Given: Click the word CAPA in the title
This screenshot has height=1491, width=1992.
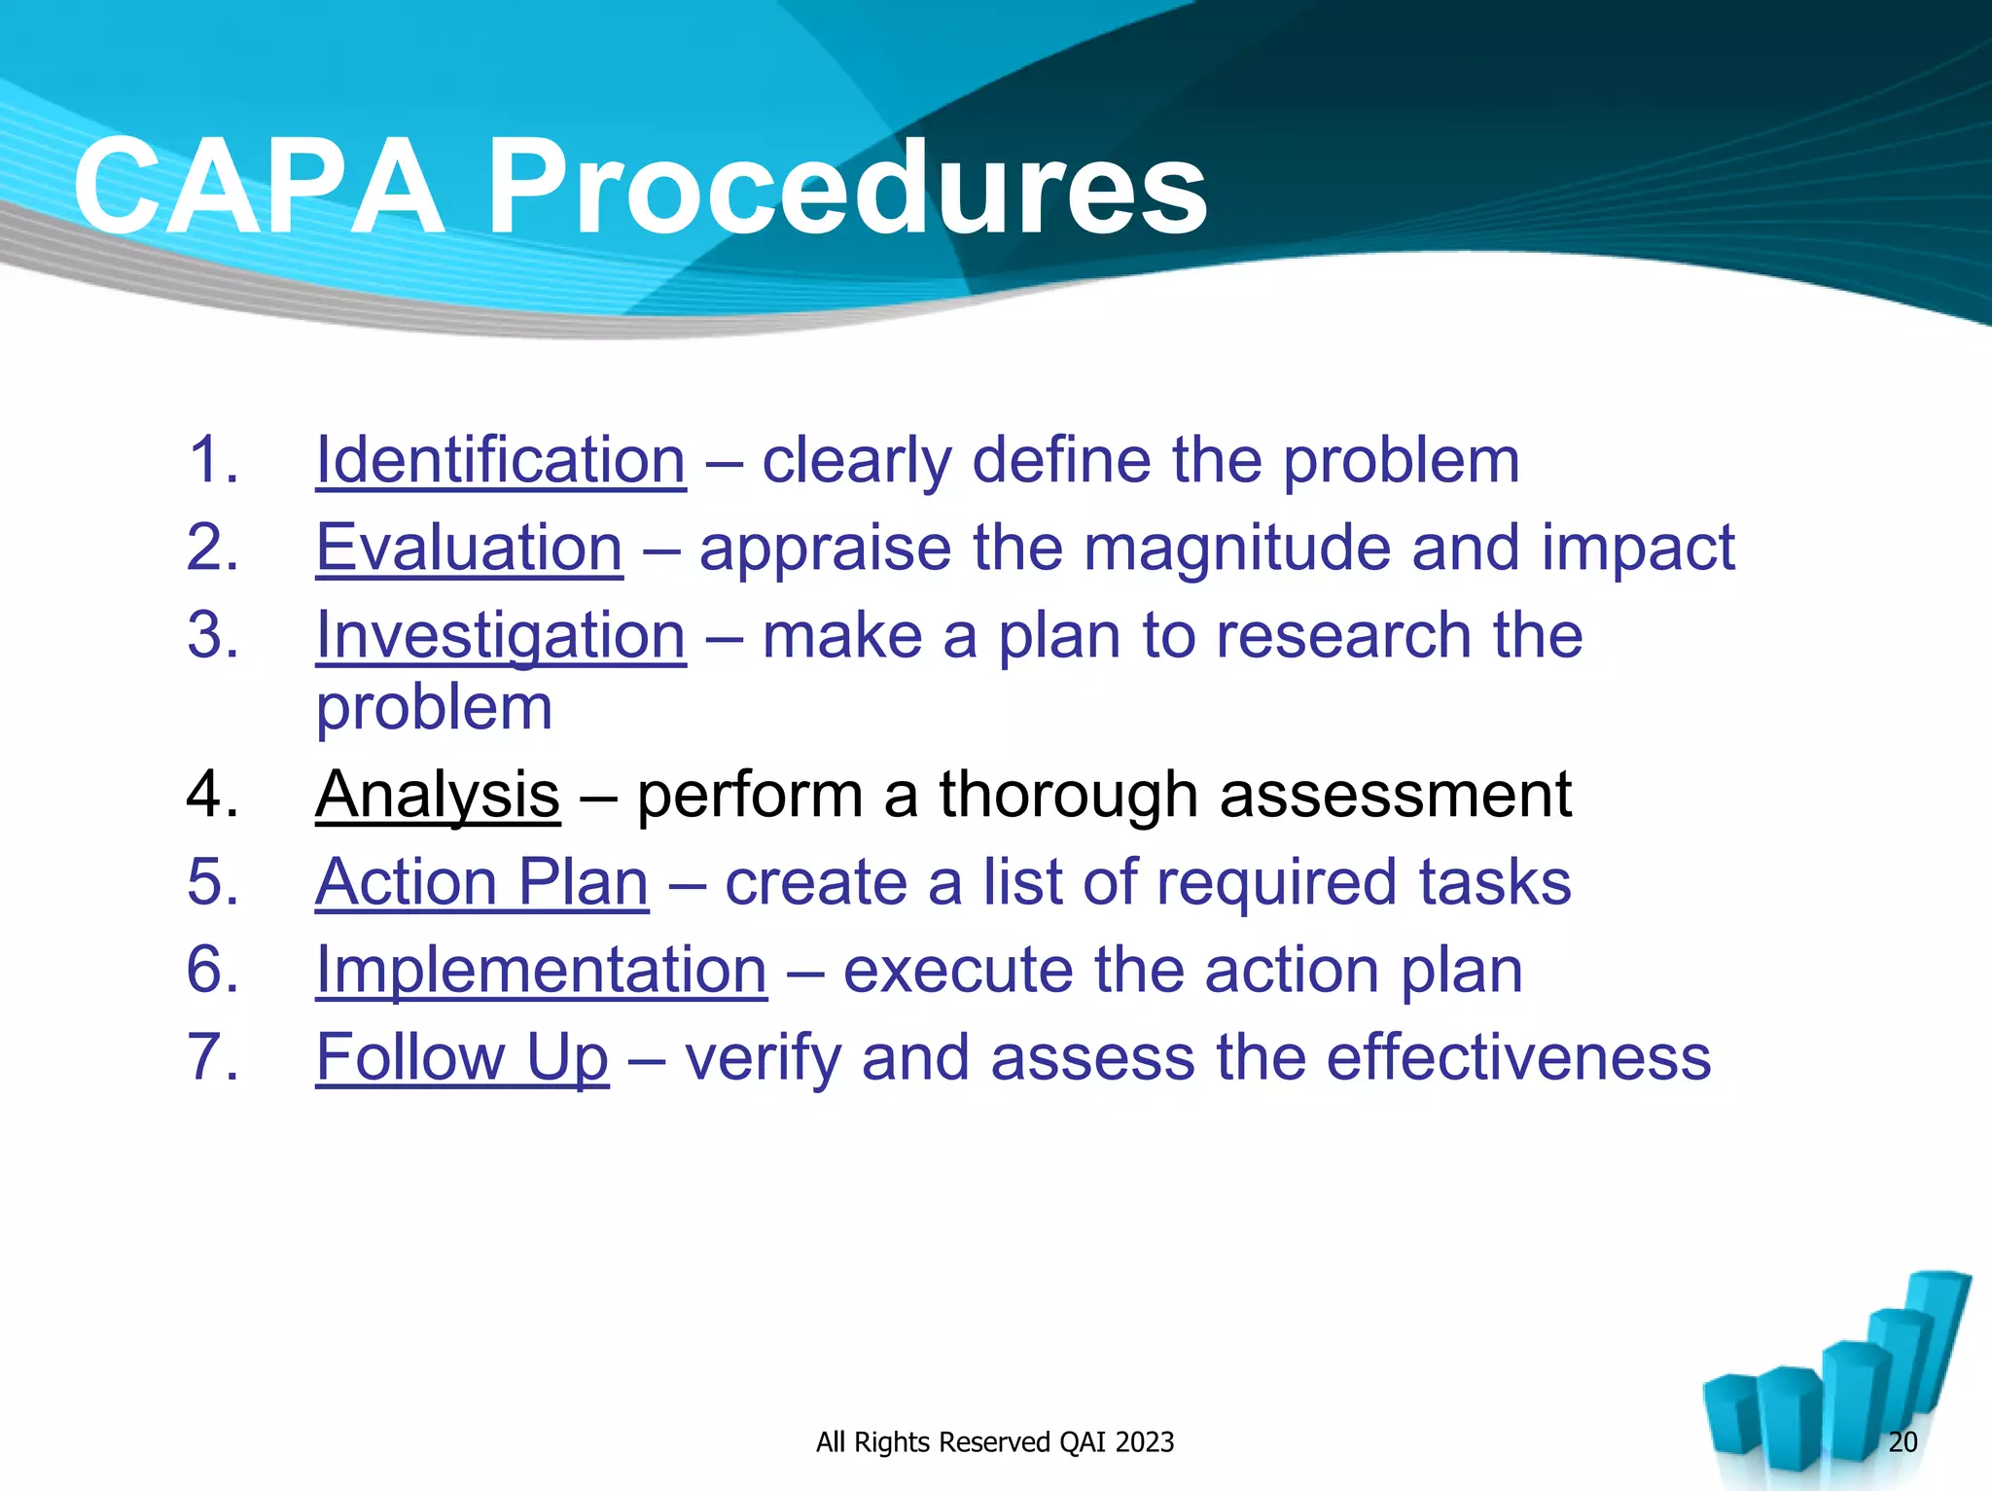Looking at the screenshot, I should coord(258,187).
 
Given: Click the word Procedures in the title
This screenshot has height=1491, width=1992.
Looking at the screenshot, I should coord(846,187).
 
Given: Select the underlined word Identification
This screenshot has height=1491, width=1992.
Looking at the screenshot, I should coord(501,460).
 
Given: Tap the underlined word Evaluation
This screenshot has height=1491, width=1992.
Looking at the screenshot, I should coord(469,548).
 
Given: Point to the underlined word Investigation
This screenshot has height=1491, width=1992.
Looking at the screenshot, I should coord(501,636).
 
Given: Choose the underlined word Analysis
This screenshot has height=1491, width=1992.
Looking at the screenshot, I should coord(438,795).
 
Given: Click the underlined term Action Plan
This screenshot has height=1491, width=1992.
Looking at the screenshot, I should coord(481,882).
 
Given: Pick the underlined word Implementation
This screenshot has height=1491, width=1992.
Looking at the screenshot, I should coord(541,970).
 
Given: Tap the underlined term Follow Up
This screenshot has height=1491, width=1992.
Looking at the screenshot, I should coord(462,1057).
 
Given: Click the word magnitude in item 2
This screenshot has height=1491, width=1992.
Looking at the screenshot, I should coord(1236,550).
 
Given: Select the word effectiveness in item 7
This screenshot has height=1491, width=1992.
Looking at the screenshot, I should coord(1517,1057).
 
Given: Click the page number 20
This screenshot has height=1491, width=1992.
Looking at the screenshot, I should coord(1902,1441).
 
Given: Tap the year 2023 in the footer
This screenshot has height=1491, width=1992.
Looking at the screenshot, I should coord(1144,1441).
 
